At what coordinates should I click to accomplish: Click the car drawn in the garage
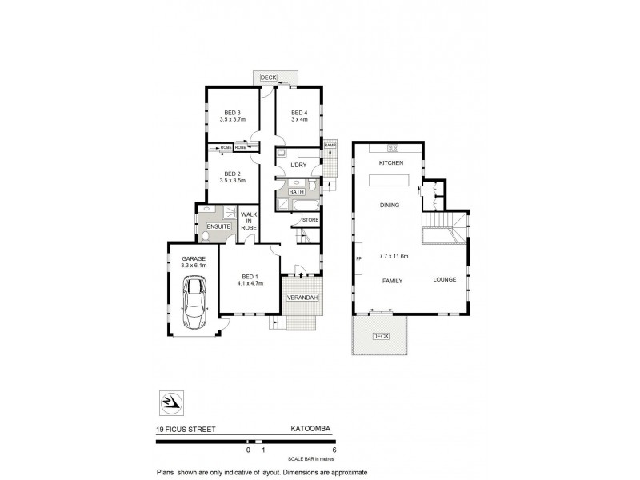194,303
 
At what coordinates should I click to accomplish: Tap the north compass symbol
172,401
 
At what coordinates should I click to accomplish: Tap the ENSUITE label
218,226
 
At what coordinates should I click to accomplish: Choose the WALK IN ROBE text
249,222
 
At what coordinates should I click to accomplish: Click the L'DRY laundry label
298,165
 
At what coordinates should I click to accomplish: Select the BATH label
296,192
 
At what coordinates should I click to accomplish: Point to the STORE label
310,219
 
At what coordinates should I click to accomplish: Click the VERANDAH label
302,298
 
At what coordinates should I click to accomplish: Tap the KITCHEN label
391,163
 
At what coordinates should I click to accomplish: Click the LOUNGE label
444,279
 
